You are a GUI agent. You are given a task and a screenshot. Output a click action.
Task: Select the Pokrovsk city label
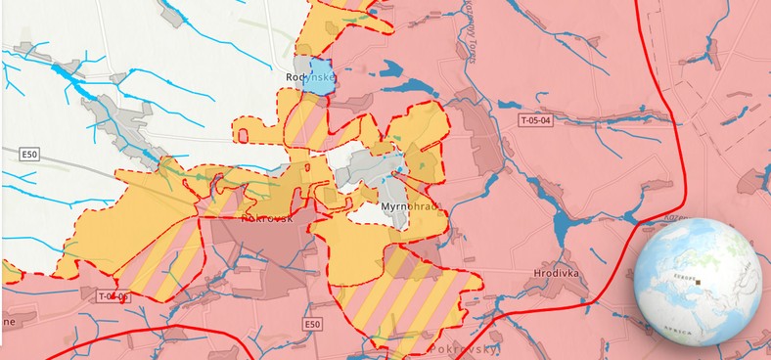click(238, 219)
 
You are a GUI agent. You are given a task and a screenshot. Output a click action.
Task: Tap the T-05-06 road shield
click(113, 296)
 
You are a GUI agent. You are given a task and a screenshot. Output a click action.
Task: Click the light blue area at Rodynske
click(317, 77)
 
